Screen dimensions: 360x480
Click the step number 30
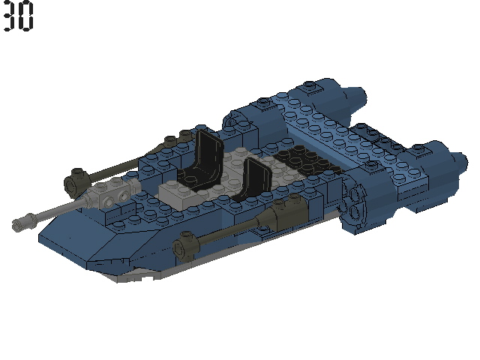(18, 16)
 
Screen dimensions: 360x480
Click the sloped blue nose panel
(90, 240)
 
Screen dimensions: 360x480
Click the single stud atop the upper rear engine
(312, 88)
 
